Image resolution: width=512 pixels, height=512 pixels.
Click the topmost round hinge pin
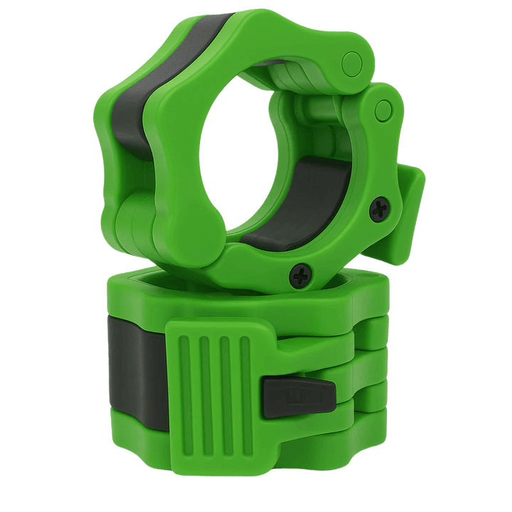pyautogui.click(x=351, y=63)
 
